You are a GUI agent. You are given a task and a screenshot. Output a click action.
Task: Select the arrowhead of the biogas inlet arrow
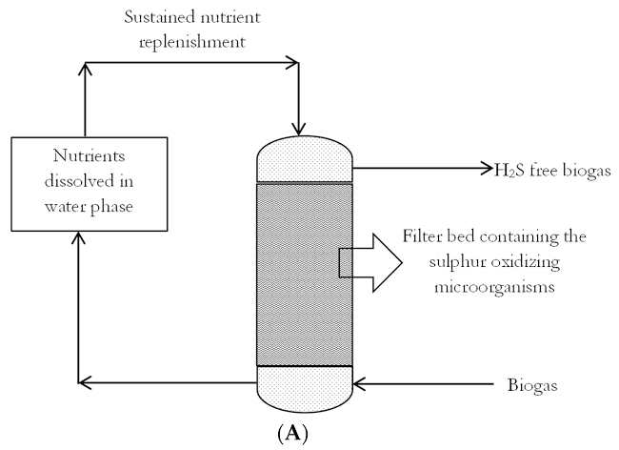tap(362, 385)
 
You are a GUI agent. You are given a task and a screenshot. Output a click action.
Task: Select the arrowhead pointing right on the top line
tap(292, 64)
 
